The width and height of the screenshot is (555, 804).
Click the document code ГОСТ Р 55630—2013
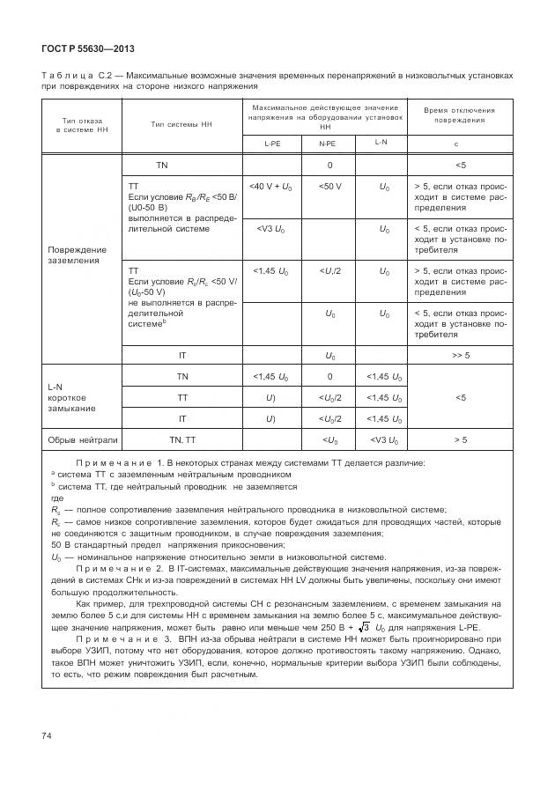(x=86, y=48)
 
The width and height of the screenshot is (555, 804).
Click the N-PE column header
(x=326, y=143)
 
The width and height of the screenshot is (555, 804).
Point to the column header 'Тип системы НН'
(x=181, y=124)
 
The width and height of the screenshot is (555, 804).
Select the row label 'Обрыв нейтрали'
(x=82, y=439)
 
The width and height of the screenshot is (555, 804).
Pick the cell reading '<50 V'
(x=329, y=187)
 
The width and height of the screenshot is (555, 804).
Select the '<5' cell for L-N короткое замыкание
(x=460, y=397)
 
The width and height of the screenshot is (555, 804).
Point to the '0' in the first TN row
(x=329, y=165)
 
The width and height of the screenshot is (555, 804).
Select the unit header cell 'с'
(x=455, y=143)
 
